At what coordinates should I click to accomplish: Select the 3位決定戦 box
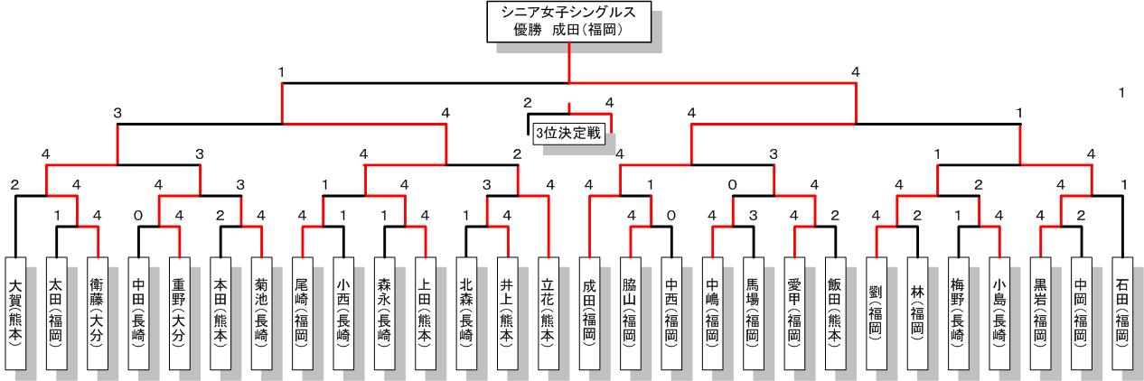point(568,133)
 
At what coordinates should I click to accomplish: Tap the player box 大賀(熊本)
point(16,312)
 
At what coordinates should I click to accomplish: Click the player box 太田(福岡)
point(57,312)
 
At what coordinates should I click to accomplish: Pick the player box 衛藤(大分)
point(98,312)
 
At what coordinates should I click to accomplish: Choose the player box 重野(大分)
point(180,312)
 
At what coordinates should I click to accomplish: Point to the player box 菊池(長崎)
point(262,312)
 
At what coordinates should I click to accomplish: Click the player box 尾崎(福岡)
point(303,312)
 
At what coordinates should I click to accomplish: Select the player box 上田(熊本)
point(426,312)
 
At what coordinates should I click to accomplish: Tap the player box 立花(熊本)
point(549,312)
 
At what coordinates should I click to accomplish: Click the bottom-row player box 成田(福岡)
point(590,312)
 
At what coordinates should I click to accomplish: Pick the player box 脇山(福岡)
point(631,312)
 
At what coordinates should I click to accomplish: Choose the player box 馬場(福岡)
point(754,312)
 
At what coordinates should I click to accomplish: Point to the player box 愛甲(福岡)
point(794,312)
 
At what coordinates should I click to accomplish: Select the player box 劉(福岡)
point(877,312)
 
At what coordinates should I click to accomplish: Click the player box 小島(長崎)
point(999,312)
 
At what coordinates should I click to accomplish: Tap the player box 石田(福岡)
point(1122,312)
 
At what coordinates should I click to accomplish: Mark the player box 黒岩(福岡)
point(1040,312)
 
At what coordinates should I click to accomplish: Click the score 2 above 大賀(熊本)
point(14,185)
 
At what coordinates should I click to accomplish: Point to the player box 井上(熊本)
point(508,312)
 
